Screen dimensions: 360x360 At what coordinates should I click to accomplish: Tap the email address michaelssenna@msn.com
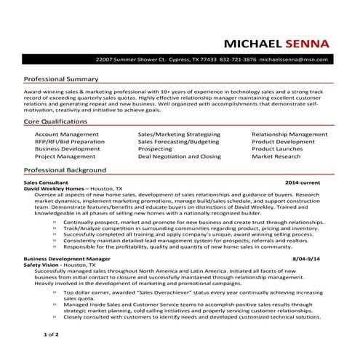[295, 59]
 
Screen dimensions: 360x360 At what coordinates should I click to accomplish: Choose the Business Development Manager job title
[67, 258]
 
